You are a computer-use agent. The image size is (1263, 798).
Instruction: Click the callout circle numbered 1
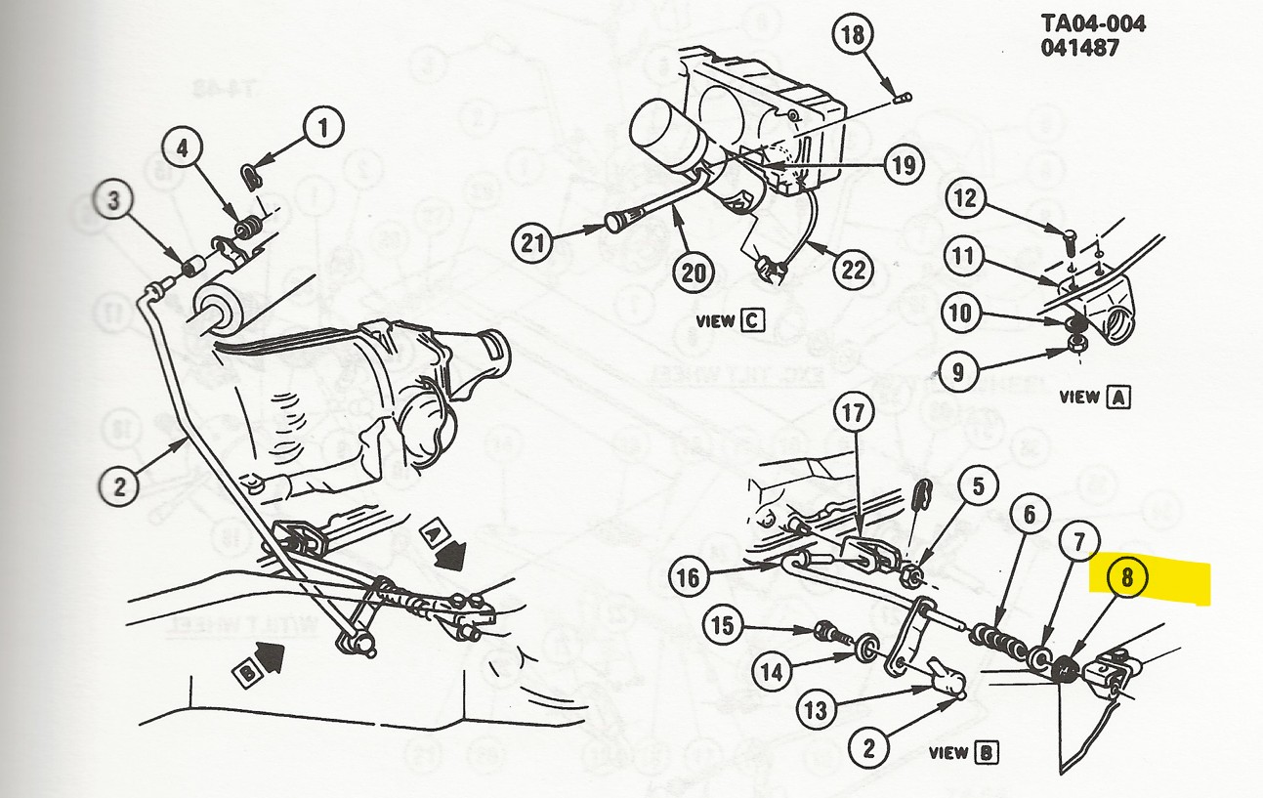click(x=324, y=126)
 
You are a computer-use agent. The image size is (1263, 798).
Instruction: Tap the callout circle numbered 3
click(x=116, y=203)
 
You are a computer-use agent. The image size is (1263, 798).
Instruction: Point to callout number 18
click(x=853, y=37)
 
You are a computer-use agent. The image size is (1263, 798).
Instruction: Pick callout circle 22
click(x=853, y=269)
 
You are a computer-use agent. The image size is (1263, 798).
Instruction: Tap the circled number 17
click(x=852, y=414)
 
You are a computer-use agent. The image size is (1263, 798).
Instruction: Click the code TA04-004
click(x=1092, y=23)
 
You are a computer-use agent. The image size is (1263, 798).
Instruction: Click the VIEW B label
click(x=962, y=752)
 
